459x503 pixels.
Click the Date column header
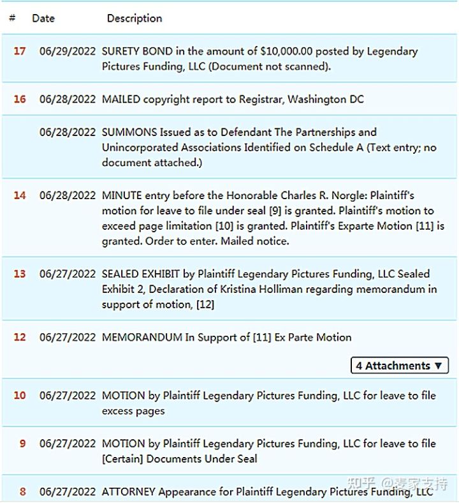[x=43, y=19]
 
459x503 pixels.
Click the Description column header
[x=135, y=19]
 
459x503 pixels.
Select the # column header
[x=12, y=19]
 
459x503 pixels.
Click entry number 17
[x=20, y=51]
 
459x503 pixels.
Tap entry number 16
[x=20, y=100]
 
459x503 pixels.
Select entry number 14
[x=20, y=195]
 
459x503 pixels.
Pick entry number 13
[x=20, y=274]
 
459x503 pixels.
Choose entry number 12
[x=20, y=337]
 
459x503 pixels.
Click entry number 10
[x=20, y=396]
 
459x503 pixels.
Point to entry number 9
[x=23, y=443]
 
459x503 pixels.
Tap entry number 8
[x=23, y=492]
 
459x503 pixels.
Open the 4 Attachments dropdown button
[x=399, y=366]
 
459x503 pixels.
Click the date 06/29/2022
[x=68, y=51]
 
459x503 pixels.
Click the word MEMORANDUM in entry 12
[x=142, y=337]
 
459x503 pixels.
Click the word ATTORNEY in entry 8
[x=129, y=492]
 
